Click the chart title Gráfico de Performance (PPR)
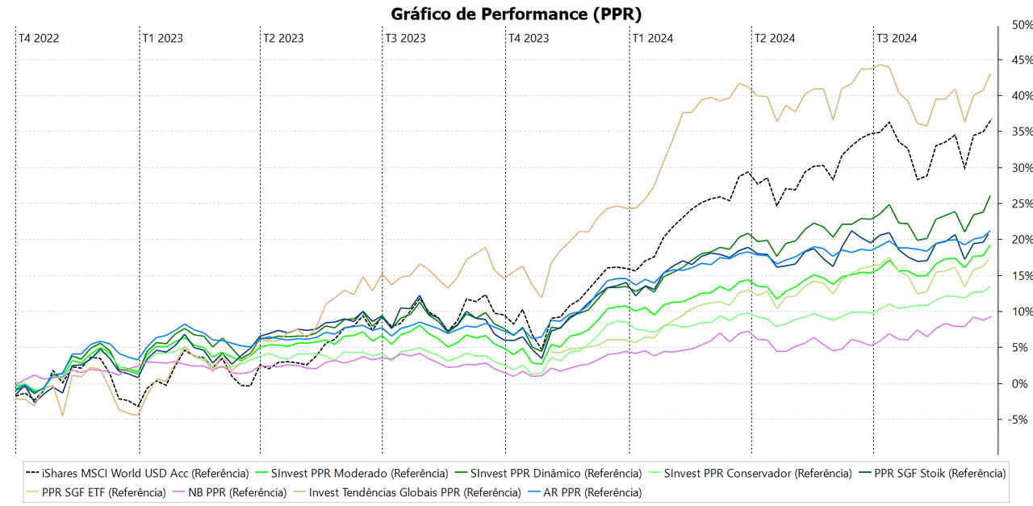pos(516,14)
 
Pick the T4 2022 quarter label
pos(39,38)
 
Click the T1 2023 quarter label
pos(162,38)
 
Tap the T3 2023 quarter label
pos(405,38)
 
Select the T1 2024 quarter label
pos(652,38)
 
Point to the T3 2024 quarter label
pos(896,38)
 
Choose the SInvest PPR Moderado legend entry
pos(359,473)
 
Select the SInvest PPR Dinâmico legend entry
pos(556,473)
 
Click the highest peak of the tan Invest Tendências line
pos(880,65)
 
